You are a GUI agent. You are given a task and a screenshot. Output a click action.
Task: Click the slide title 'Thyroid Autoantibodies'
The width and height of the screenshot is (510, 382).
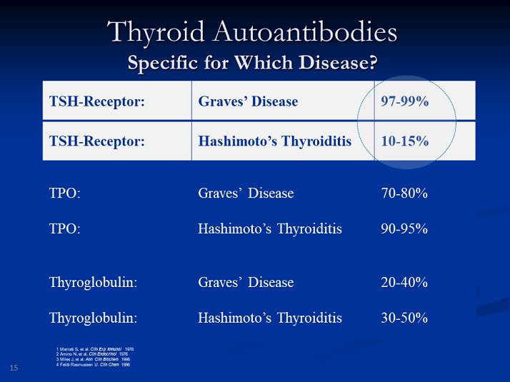pyautogui.click(x=252, y=32)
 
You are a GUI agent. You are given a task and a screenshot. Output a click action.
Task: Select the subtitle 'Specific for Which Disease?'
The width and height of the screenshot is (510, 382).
pyautogui.click(x=252, y=62)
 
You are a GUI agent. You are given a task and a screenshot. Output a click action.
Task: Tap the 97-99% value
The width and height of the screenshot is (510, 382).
pyautogui.click(x=404, y=101)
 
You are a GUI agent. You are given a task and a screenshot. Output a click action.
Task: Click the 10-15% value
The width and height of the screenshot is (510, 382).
pyautogui.click(x=404, y=141)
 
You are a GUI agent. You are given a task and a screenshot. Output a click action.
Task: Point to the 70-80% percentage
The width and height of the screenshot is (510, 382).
pyautogui.click(x=404, y=193)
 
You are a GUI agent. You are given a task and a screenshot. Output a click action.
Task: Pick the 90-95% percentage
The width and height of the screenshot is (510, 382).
pyautogui.click(x=404, y=229)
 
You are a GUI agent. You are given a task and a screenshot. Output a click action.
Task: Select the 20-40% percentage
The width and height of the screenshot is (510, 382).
pyautogui.click(x=404, y=282)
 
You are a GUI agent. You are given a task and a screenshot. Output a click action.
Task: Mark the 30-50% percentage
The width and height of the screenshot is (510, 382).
pyautogui.click(x=404, y=318)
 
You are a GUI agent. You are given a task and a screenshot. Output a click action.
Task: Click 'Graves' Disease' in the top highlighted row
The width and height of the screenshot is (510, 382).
pyautogui.click(x=248, y=101)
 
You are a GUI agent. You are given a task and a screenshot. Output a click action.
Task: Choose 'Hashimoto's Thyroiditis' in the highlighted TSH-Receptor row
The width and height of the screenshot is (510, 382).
pyautogui.click(x=275, y=141)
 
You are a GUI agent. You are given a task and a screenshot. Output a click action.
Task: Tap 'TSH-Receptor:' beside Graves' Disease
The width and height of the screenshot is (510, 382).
pyautogui.click(x=97, y=101)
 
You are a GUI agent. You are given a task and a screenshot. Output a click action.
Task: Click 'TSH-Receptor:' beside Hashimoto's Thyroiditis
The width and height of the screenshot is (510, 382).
pyautogui.click(x=97, y=141)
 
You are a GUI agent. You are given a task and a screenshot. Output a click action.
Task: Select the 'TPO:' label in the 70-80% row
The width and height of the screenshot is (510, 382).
pyautogui.click(x=64, y=193)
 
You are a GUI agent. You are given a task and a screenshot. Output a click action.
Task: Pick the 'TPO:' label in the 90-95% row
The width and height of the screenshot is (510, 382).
pyautogui.click(x=64, y=229)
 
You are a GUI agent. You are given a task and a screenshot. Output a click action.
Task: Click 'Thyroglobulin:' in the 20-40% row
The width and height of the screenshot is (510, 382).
pyautogui.click(x=93, y=282)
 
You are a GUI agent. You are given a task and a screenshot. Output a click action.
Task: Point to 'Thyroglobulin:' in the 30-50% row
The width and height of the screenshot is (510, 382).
pyautogui.click(x=93, y=318)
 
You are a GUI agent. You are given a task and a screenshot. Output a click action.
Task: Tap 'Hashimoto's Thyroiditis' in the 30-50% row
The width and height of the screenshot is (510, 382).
pyautogui.click(x=270, y=318)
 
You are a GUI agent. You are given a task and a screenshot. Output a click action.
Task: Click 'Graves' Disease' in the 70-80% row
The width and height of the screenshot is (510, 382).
pyautogui.click(x=246, y=193)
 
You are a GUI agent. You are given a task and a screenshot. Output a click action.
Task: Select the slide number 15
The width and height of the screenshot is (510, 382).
pyautogui.click(x=14, y=368)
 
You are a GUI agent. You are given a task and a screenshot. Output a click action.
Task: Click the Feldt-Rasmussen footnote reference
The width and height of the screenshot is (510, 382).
pyautogui.click(x=93, y=364)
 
